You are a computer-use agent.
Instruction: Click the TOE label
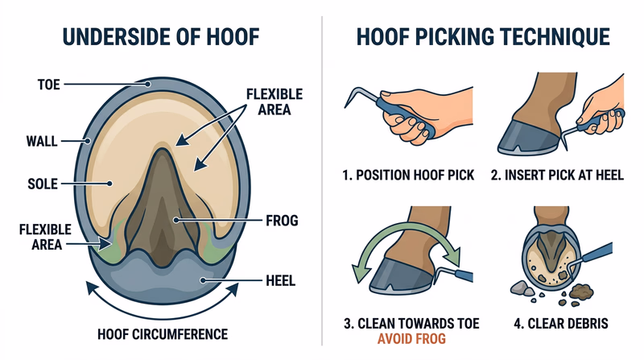tap(49, 83)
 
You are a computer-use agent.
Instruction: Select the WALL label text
tap(40, 141)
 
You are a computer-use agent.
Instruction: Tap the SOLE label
tap(40, 184)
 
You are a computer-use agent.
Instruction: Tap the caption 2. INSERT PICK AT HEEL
tap(559, 175)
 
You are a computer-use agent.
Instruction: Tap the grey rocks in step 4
tap(522, 288)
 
